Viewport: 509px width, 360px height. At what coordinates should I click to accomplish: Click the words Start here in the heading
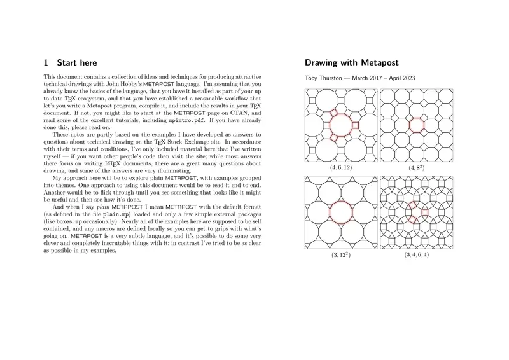click(x=77, y=63)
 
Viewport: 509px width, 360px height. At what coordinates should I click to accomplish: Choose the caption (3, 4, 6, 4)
click(x=416, y=254)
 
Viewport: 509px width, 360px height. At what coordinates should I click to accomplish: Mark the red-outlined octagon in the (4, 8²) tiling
click(x=416, y=125)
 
